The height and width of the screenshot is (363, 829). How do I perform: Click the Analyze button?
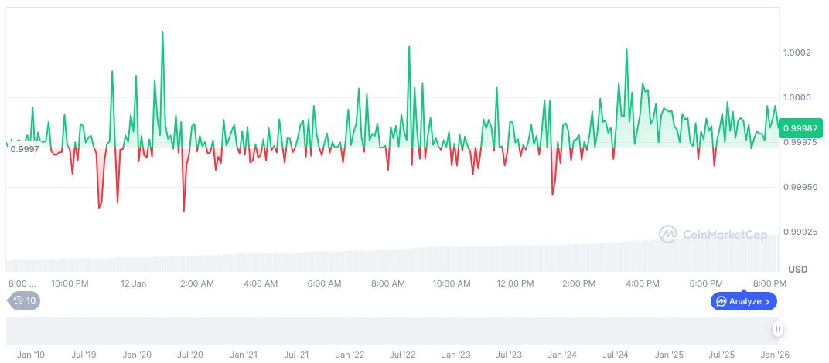744,301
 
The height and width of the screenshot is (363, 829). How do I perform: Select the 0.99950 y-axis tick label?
800,187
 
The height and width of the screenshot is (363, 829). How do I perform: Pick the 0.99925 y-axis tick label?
800,232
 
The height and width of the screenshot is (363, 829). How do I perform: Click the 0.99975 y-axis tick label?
800,142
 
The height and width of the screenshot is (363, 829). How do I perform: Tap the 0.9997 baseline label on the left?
24,148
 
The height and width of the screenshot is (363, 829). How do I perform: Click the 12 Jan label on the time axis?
133,283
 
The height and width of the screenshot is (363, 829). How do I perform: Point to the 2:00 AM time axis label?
197,283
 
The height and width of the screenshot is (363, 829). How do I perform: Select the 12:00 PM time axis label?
515,283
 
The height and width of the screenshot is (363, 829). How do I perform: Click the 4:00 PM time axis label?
643,283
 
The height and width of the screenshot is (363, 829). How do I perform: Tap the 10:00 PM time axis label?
70,283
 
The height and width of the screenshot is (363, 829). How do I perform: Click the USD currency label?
797,270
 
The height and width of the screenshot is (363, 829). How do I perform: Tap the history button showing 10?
23,300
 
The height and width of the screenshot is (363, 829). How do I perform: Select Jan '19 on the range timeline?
31,355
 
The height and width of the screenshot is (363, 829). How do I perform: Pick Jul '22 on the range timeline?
402,355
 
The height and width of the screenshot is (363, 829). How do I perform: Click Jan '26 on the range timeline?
774,355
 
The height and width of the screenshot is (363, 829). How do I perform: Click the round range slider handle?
778,330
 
